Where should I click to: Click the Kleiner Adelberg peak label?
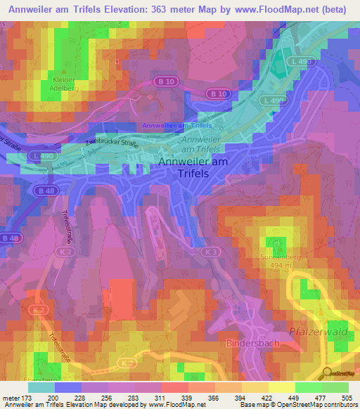click(x=65, y=84)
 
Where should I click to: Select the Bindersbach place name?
click(x=253, y=344)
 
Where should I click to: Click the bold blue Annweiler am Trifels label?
click(x=177, y=126)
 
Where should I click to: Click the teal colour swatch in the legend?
click(x=41, y=387)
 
